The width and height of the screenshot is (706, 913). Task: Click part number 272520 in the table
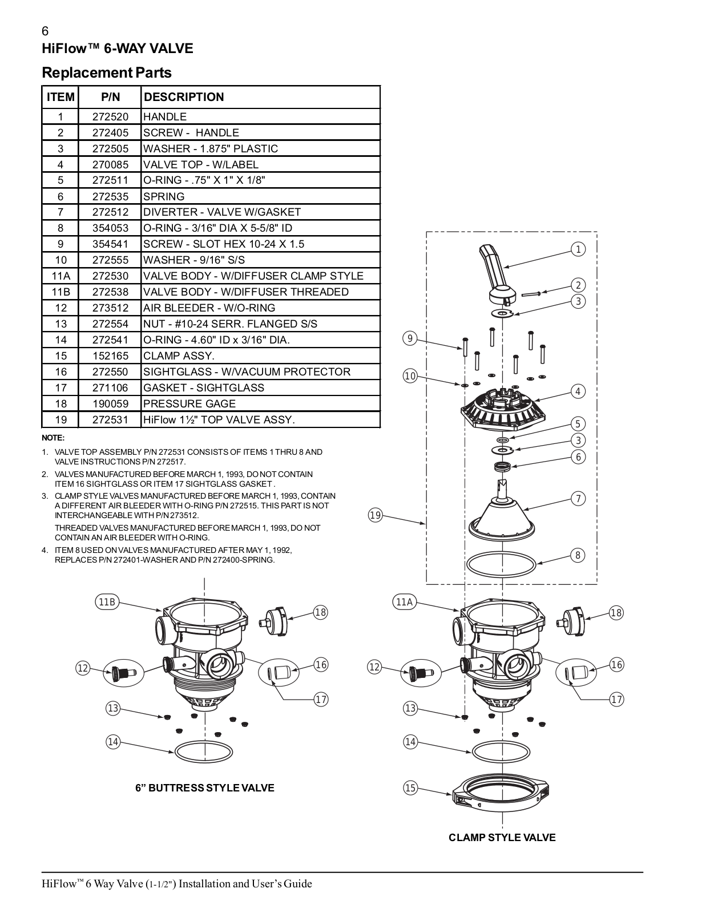tap(110, 116)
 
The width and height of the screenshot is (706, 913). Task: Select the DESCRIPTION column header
tap(184, 97)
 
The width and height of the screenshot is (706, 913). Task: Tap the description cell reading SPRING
tap(164, 196)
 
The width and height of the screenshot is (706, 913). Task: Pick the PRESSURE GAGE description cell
tap(189, 403)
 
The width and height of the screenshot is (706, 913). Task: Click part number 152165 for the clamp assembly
tap(110, 355)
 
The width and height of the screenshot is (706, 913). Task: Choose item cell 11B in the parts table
tap(60, 292)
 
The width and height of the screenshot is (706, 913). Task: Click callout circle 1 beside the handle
tap(578, 249)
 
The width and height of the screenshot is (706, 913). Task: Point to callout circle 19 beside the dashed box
tap(375, 516)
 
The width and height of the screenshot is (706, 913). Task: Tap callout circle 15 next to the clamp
tap(410, 788)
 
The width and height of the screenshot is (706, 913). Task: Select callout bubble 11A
tap(404, 602)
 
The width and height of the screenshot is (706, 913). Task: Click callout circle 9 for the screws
tap(410, 338)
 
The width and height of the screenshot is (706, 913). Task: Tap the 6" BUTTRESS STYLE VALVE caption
tap(204, 788)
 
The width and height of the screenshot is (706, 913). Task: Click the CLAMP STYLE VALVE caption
tap(502, 838)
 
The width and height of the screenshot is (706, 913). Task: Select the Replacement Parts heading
tap(107, 73)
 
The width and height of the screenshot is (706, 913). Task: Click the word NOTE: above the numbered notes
tap(53, 438)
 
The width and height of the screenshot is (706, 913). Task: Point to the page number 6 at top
tap(45, 32)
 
